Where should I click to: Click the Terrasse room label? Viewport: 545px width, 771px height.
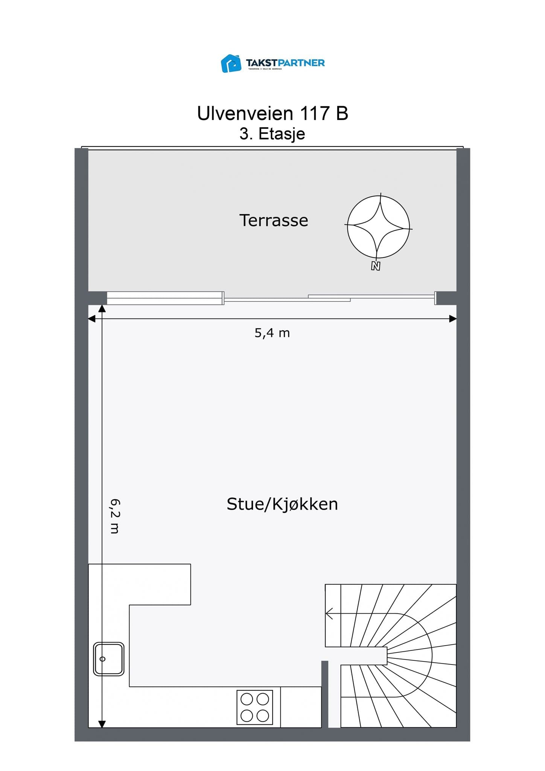(274, 220)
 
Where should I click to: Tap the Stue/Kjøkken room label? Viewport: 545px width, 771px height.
(282, 504)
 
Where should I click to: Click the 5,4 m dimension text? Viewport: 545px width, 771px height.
(272, 333)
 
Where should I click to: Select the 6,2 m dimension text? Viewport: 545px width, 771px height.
(115, 516)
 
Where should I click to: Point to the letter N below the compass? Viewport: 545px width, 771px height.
(375, 266)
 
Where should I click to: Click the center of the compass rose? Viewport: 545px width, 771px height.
(378, 227)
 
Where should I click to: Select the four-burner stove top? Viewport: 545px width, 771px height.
(254, 707)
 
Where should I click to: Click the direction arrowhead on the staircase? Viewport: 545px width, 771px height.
(329, 614)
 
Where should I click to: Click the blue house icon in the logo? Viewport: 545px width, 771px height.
(231, 63)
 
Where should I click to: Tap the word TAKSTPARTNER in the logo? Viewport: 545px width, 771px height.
(285, 62)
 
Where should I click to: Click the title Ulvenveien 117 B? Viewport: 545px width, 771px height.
(272, 113)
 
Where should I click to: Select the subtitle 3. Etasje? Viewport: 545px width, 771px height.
(272, 134)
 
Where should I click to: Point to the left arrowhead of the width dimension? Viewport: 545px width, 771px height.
(91, 319)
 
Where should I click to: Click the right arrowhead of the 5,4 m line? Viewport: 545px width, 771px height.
(454, 319)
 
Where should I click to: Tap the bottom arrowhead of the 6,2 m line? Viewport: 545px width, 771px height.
(102, 724)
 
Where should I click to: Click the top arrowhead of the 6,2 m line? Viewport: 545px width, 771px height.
(102, 309)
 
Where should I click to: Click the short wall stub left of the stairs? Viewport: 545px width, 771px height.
(325, 693)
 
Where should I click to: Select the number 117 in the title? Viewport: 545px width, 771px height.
(314, 113)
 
